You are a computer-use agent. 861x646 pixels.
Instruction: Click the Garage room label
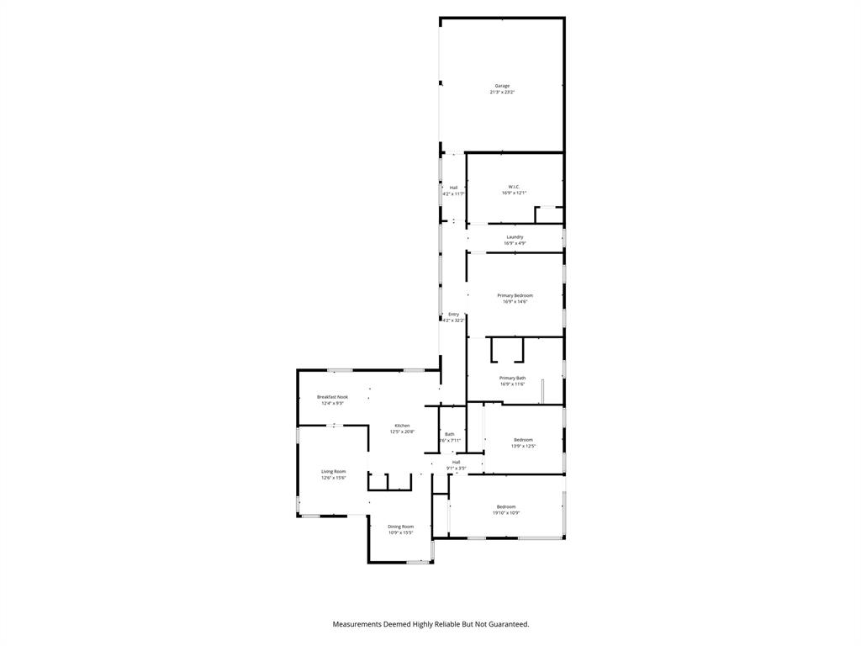click(502, 86)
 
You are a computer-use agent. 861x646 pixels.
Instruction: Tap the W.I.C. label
click(514, 187)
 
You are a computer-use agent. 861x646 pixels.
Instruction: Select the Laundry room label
click(515, 237)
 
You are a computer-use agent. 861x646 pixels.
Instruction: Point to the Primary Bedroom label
click(515, 295)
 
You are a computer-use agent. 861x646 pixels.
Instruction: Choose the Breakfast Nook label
click(332, 397)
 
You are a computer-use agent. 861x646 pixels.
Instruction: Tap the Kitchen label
click(402, 426)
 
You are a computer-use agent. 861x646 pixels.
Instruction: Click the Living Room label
click(333, 472)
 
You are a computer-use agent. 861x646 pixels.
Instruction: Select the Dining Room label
click(400, 527)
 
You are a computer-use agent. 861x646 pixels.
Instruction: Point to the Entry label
click(453, 314)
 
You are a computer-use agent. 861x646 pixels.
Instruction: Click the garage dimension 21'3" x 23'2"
click(502, 92)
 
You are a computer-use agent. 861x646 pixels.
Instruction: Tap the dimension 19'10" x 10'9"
click(505, 512)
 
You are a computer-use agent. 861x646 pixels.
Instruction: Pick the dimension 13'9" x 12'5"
click(523, 446)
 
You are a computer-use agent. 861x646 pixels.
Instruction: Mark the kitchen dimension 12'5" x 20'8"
click(402, 432)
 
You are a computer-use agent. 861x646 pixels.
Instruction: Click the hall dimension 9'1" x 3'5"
click(456, 468)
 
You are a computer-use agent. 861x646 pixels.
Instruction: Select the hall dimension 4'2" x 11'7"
click(453, 193)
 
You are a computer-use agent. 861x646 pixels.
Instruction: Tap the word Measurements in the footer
click(362, 624)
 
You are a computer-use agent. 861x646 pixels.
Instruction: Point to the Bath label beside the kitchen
click(450, 434)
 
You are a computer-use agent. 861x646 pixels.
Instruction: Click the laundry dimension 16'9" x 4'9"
click(515, 243)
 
